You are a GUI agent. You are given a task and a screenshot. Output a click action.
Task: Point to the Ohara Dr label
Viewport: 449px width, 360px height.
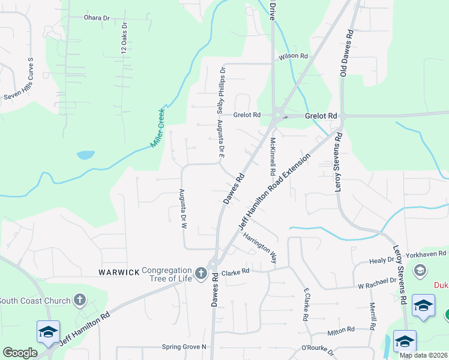click(97, 18)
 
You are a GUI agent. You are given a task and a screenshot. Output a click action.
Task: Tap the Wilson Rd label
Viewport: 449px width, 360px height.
click(292, 56)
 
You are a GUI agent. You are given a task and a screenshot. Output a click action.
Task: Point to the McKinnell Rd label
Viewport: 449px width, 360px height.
click(273, 158)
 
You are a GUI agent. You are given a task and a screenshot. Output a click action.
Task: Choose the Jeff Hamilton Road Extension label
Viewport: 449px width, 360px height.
click(275, 191)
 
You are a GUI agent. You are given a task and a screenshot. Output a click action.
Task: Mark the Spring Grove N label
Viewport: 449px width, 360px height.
click(184, 347)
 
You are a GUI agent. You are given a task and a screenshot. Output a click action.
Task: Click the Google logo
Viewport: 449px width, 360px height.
click(20, 353)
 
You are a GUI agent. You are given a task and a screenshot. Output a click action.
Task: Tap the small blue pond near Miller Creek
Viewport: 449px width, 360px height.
click(85, 155)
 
